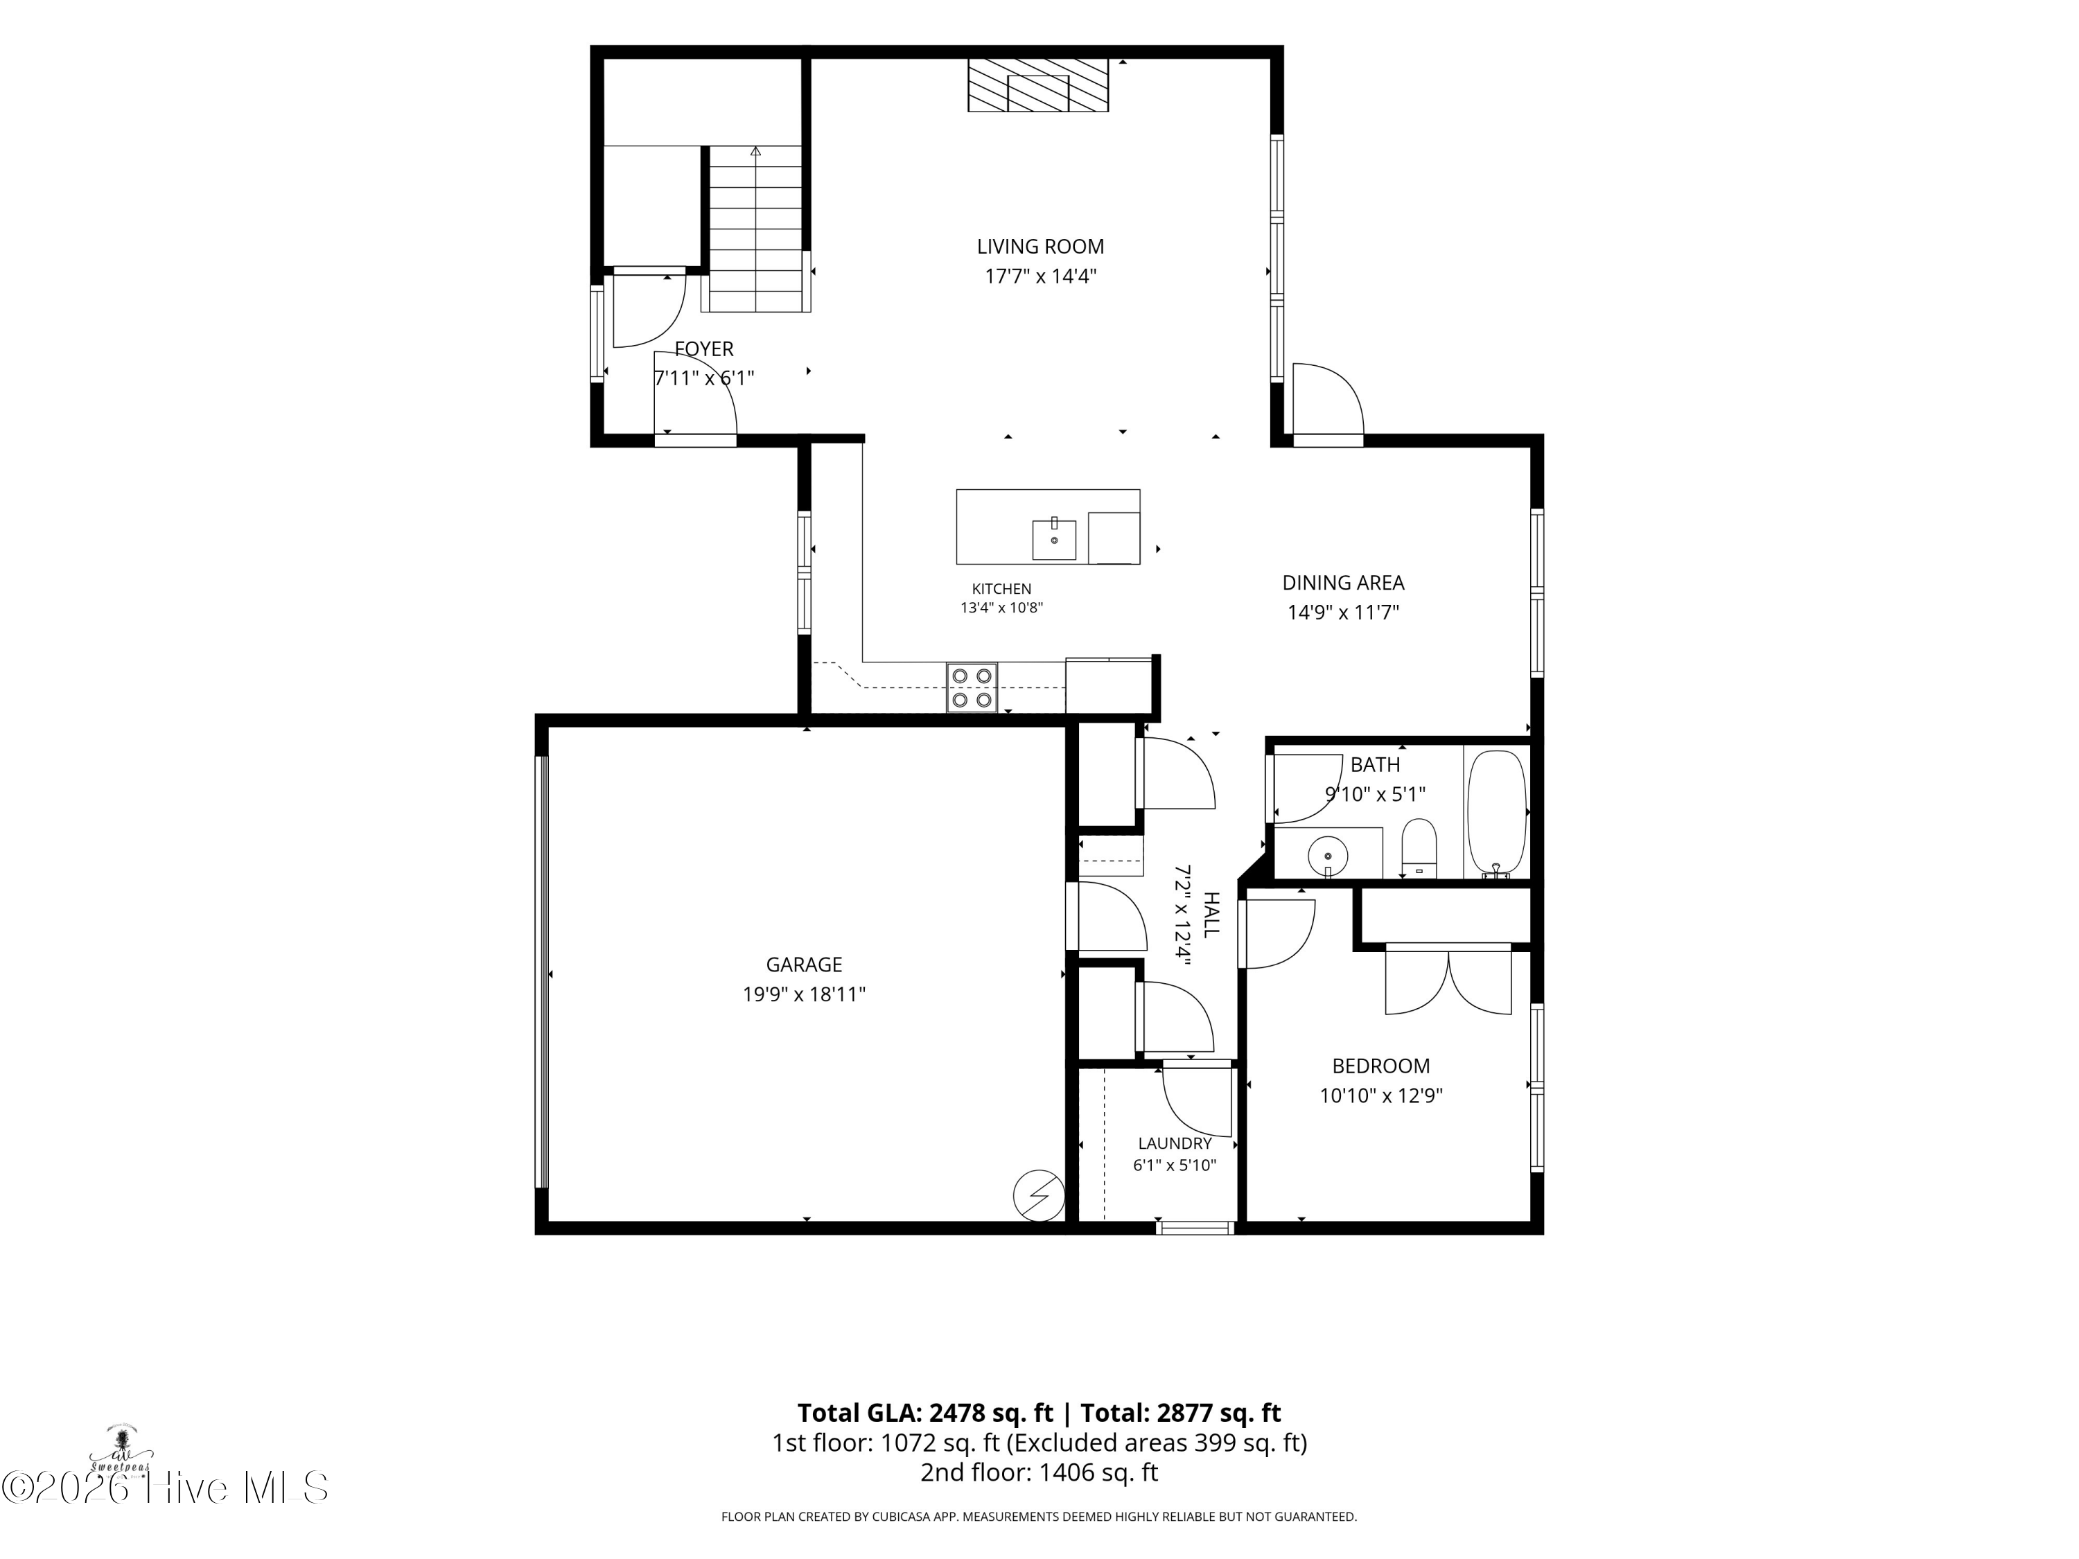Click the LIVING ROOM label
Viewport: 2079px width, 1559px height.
click(x=1040, y=247)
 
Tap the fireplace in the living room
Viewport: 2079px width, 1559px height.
click(x=1039, y=85)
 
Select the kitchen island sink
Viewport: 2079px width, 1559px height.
click(x=1055, y=539)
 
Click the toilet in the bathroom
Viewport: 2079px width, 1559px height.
click(x=1419, y=846)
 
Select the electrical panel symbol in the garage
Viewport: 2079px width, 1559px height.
click(x=1039, y=1196)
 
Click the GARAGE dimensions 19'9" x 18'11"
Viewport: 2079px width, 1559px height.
click(x=804, y=994)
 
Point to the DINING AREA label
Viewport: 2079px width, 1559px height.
click(x=1343, y=583)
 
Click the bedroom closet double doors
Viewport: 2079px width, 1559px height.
click(x=1448, y=981)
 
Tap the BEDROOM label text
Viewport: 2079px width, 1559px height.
click(x=1380, y=1066)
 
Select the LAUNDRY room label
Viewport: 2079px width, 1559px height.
click(x=1175, y=1144)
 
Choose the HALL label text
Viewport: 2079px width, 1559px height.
click(x=1211, y=915)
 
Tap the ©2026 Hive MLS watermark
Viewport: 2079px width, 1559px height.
click(x=166, y=1488)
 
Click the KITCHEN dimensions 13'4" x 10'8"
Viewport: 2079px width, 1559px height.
click(x=1001, y=608)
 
